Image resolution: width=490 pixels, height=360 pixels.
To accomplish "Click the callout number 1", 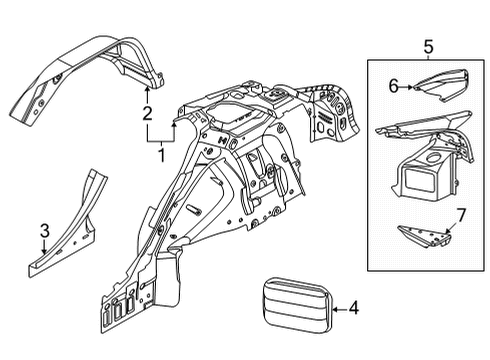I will point(160,155).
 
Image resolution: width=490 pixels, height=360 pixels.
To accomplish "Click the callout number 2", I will point(147,114).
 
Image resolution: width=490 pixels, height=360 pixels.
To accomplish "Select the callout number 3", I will point(43,233).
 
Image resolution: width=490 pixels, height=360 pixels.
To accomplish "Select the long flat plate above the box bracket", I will point(420,135).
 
